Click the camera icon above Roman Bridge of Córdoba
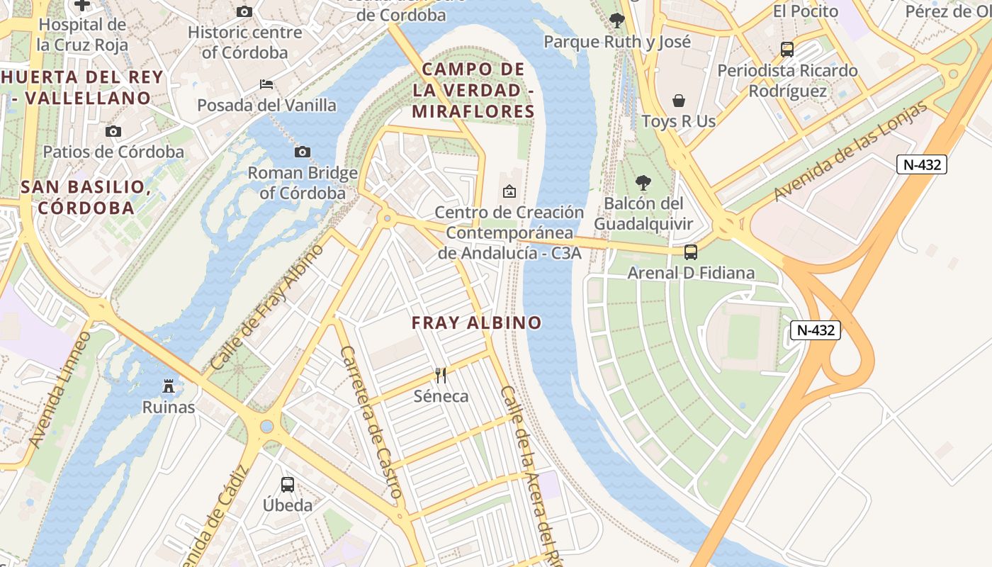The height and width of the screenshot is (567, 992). (x=303, y=152)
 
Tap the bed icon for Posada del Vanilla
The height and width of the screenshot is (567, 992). (x=266, y=84)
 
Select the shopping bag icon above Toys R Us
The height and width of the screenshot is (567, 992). (x=679, y=100)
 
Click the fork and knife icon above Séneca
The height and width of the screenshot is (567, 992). (x=441, y=375)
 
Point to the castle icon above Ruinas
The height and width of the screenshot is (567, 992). (x=169, y=386)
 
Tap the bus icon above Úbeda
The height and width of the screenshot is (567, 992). (x=288, y=485)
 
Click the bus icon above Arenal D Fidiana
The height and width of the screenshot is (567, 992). (x=691, y=252)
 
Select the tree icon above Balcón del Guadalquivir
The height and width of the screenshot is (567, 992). (x=643, y=183)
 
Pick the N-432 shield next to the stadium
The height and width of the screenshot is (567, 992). (x=816, y=330)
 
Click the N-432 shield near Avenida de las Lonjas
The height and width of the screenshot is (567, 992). (x=922, y=164)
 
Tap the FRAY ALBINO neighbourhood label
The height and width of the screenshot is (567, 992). (x=477, y=323)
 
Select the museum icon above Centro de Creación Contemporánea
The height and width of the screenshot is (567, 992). (x=509, y=191)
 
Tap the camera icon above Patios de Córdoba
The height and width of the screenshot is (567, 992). (x=113, y=131)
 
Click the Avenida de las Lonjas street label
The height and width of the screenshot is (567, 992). (x=850, y=151)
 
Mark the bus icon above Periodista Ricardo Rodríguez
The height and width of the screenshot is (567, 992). (x=787, y=50)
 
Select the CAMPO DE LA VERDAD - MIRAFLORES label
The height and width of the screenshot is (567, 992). (x=473, y=90)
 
